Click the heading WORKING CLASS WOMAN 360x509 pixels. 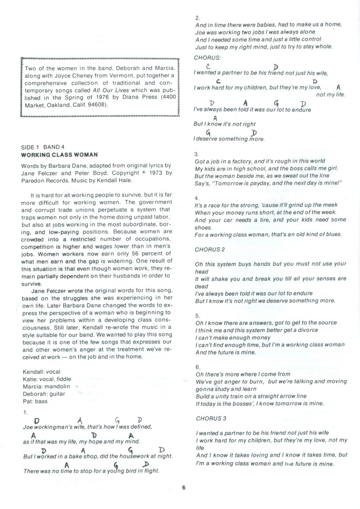tap(59, 155)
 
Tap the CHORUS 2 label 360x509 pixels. tap(211, 249)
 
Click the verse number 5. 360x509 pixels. tap(197, 315)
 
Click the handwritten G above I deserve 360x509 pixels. tap(207, 132)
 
